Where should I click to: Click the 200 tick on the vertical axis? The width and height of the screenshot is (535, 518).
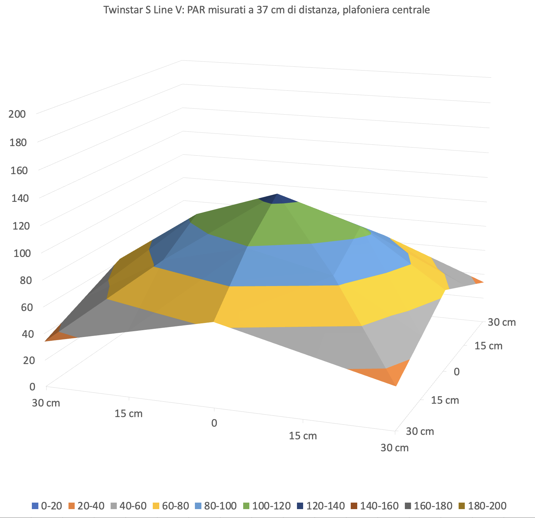pyautogui.click(x=17, y=114)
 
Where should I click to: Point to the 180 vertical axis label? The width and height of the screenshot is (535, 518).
pyautogui.click(x=18, y=142)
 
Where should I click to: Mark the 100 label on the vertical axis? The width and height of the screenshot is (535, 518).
pyautogui.click(x=22, y=253)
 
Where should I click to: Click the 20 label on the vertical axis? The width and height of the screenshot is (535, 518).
pyautogui.click(x=29, y=360)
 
